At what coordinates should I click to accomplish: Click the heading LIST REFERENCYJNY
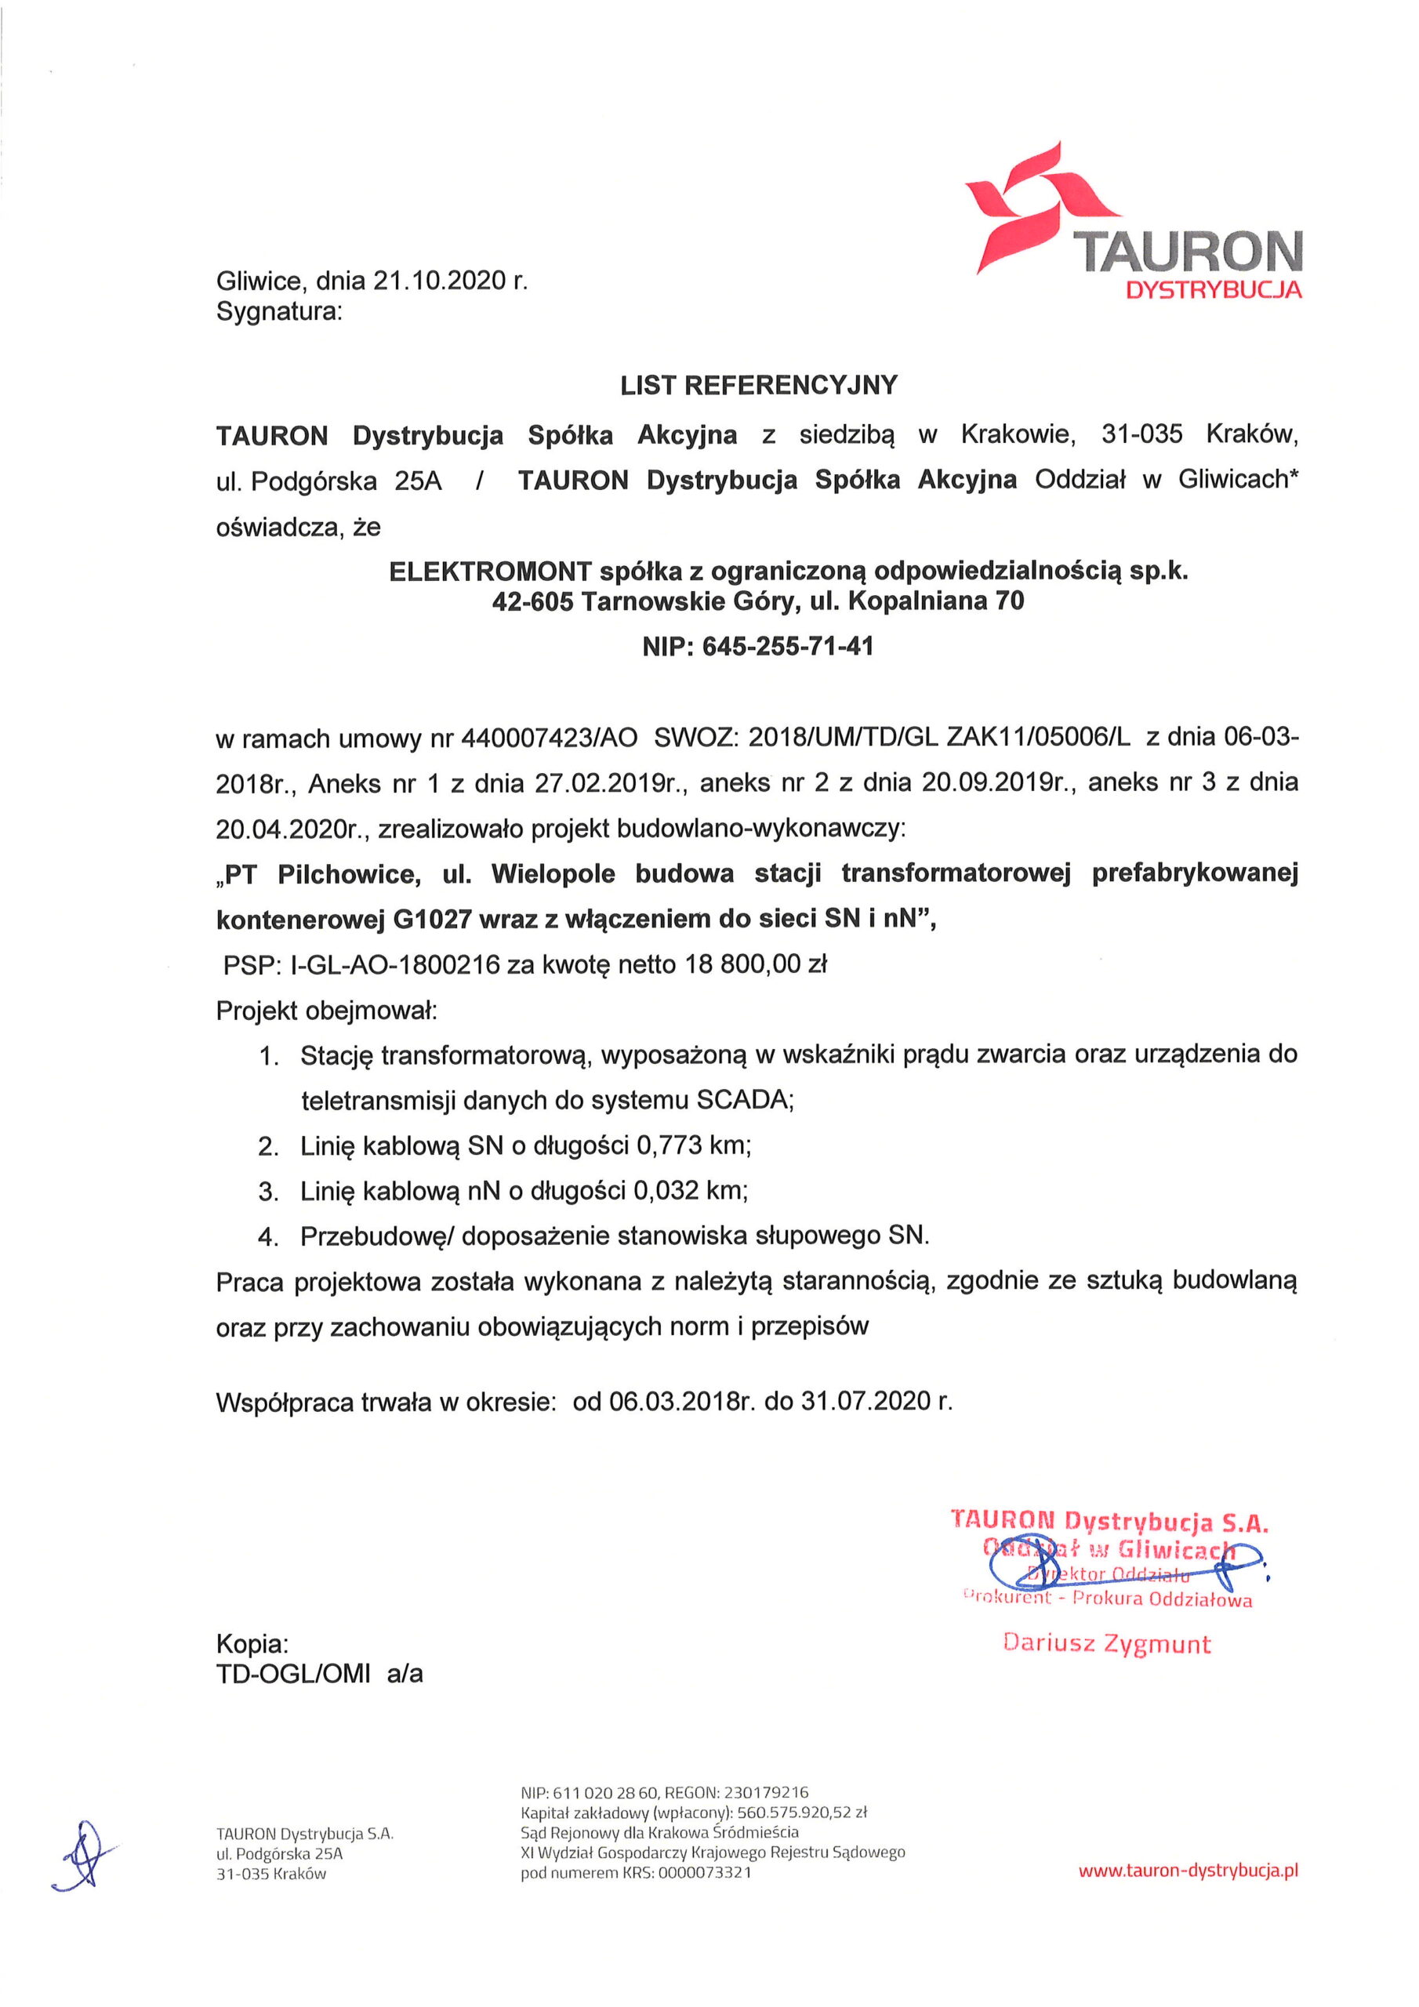tap(758, 386)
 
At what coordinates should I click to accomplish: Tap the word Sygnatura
tap(278, 311)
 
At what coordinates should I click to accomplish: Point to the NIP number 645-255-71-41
tap(788, 647)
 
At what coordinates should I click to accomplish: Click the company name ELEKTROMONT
tap(491, 572)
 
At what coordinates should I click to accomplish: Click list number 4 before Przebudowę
tap(267, 1237)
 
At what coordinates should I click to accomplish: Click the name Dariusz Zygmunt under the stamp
tap(1107, 1643)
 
